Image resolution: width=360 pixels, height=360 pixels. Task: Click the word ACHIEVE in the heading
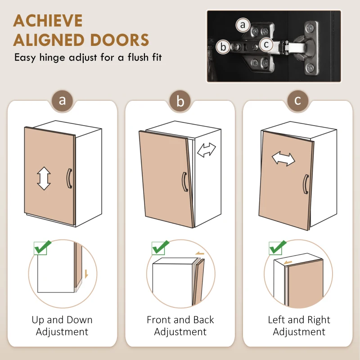[48, 21]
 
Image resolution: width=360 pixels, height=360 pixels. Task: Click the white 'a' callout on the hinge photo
[243, 25]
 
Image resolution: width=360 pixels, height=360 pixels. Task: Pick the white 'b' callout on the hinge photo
[223, 47]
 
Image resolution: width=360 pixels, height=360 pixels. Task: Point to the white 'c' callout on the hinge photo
[266, 44]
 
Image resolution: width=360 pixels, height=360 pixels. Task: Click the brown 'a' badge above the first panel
[62, 100]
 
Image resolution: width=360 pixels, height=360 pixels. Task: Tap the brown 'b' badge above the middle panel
[180, 101]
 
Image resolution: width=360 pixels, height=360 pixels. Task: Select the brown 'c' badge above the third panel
[298, 100]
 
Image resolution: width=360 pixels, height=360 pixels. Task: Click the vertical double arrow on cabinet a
[44, 178]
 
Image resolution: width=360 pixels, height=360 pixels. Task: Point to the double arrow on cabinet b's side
[207, 150]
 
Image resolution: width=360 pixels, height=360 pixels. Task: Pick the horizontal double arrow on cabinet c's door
[283, 158]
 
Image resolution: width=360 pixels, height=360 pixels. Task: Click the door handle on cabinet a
[69, 179]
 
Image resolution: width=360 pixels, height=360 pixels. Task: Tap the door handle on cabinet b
[184, 182]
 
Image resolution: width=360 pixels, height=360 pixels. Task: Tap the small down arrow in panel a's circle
[86, 274]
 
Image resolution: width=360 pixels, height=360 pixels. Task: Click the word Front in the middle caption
[158, 320]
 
